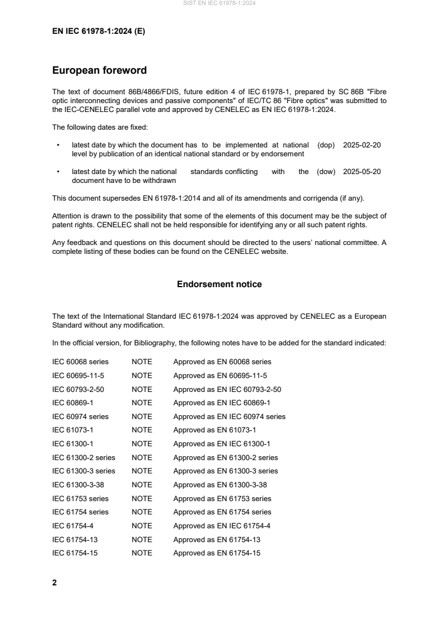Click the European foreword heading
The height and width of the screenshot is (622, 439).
[99, 70]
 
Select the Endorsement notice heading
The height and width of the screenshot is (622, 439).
[219, 284]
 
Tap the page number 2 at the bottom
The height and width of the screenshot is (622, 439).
[54, 583]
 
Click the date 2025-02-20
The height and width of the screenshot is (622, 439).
[361, 145]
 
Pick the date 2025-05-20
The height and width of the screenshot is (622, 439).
[361, 172]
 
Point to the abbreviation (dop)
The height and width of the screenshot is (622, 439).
[326, 145]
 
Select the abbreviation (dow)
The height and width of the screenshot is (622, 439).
[326, 172]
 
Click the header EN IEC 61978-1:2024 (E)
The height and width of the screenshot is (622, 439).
[98, 32]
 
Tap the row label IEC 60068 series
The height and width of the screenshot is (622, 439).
[80, 362]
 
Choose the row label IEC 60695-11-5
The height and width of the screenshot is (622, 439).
[78, 375]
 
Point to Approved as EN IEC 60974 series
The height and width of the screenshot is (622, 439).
[229, 416]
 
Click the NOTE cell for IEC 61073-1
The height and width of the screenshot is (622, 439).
[142, 430]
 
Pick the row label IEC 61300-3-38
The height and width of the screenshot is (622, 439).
[78, 485]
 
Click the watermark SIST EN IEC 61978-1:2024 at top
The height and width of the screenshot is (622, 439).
[219, 3]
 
